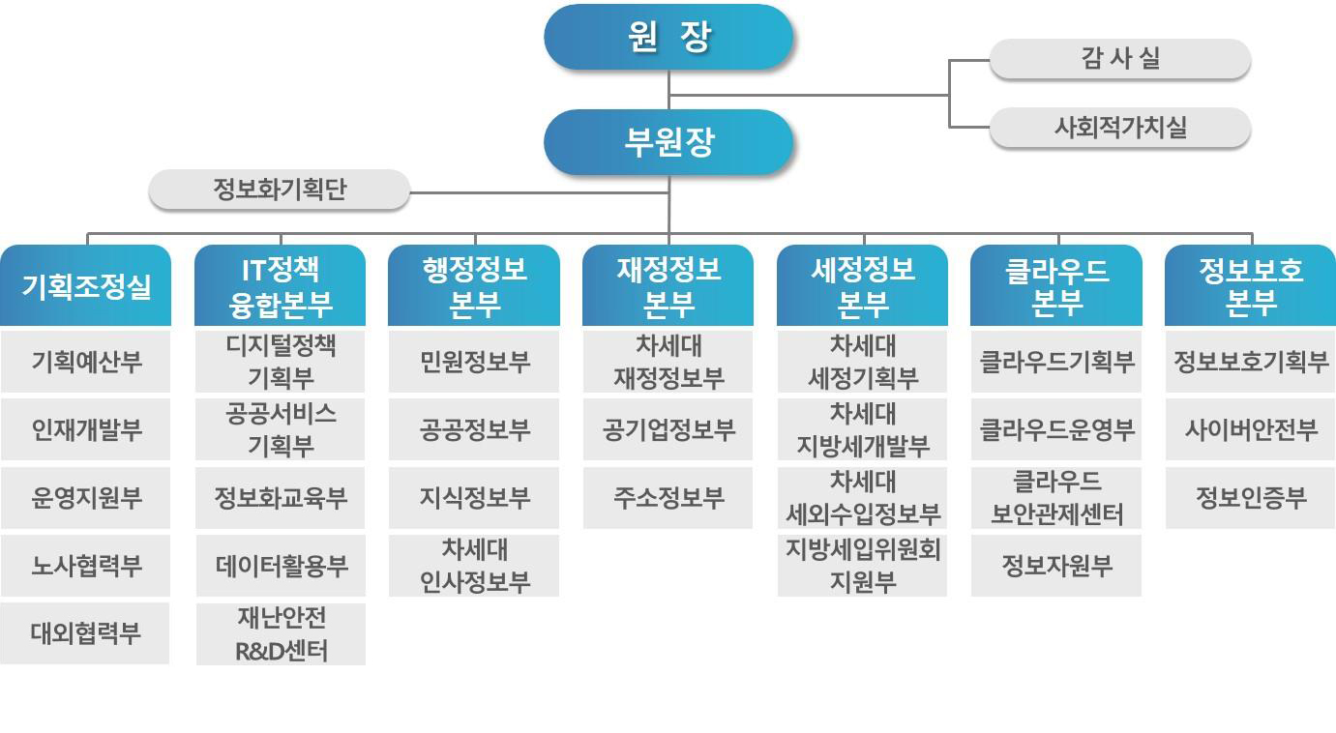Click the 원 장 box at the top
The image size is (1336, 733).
pos(668,37)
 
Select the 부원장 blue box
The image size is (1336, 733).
pos(668,142)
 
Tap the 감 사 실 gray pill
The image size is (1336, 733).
pos(1120,58)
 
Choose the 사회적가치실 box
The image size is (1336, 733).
pos(1120,127)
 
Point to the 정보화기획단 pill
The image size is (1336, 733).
pos(280,190)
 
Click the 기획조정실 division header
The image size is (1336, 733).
pos(86,285)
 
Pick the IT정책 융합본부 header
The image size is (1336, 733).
pos(281,285)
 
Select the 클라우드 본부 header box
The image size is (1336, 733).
pos(1056,285)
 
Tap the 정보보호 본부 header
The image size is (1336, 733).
pos(1250,285)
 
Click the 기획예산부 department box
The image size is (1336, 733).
pos(86,362)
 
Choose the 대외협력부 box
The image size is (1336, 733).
pos(85,633)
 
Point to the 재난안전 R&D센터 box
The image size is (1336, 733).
pos(281,634)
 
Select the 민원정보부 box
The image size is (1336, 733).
pos(474,362)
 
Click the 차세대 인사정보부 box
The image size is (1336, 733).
pos(474,566)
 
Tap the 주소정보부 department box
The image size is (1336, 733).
pos(668,497)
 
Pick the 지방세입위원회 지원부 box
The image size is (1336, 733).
pos(862,566)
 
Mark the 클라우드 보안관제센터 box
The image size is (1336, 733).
pos(1056,497)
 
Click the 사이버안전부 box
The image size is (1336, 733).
pos(1251,429)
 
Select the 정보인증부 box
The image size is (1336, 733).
pos(1251,497)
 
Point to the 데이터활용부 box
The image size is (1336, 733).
pos(281,566)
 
